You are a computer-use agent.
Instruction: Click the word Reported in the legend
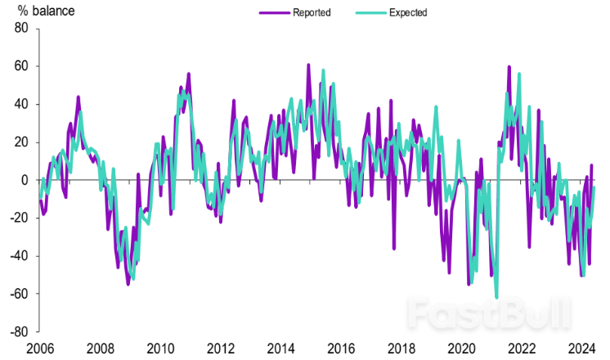pyautogui.click(x=311, y=12)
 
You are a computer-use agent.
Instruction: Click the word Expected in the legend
pyautogui.click(x=408, y=12)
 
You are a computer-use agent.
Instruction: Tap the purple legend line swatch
pyautogui.click(x=274, y=12)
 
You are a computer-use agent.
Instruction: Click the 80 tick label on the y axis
pyautogui.click(x=21, y=29)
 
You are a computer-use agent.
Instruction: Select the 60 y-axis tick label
pyautogui.click(x=21, y=66)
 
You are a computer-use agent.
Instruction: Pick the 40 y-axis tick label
pyautogui.click(x=21, y=104)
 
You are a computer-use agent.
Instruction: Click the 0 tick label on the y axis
pyautogui.click(x=25, y=180)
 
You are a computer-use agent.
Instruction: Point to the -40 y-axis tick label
pyautogui.click(x=19, y=256)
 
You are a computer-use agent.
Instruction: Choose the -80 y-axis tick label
pyautogui.click(x=19, y=332)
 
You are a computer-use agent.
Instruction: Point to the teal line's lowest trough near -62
pyautogui.click(x=496, y=297)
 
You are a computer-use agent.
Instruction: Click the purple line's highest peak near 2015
pyautogui.click(x=308, y=65)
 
